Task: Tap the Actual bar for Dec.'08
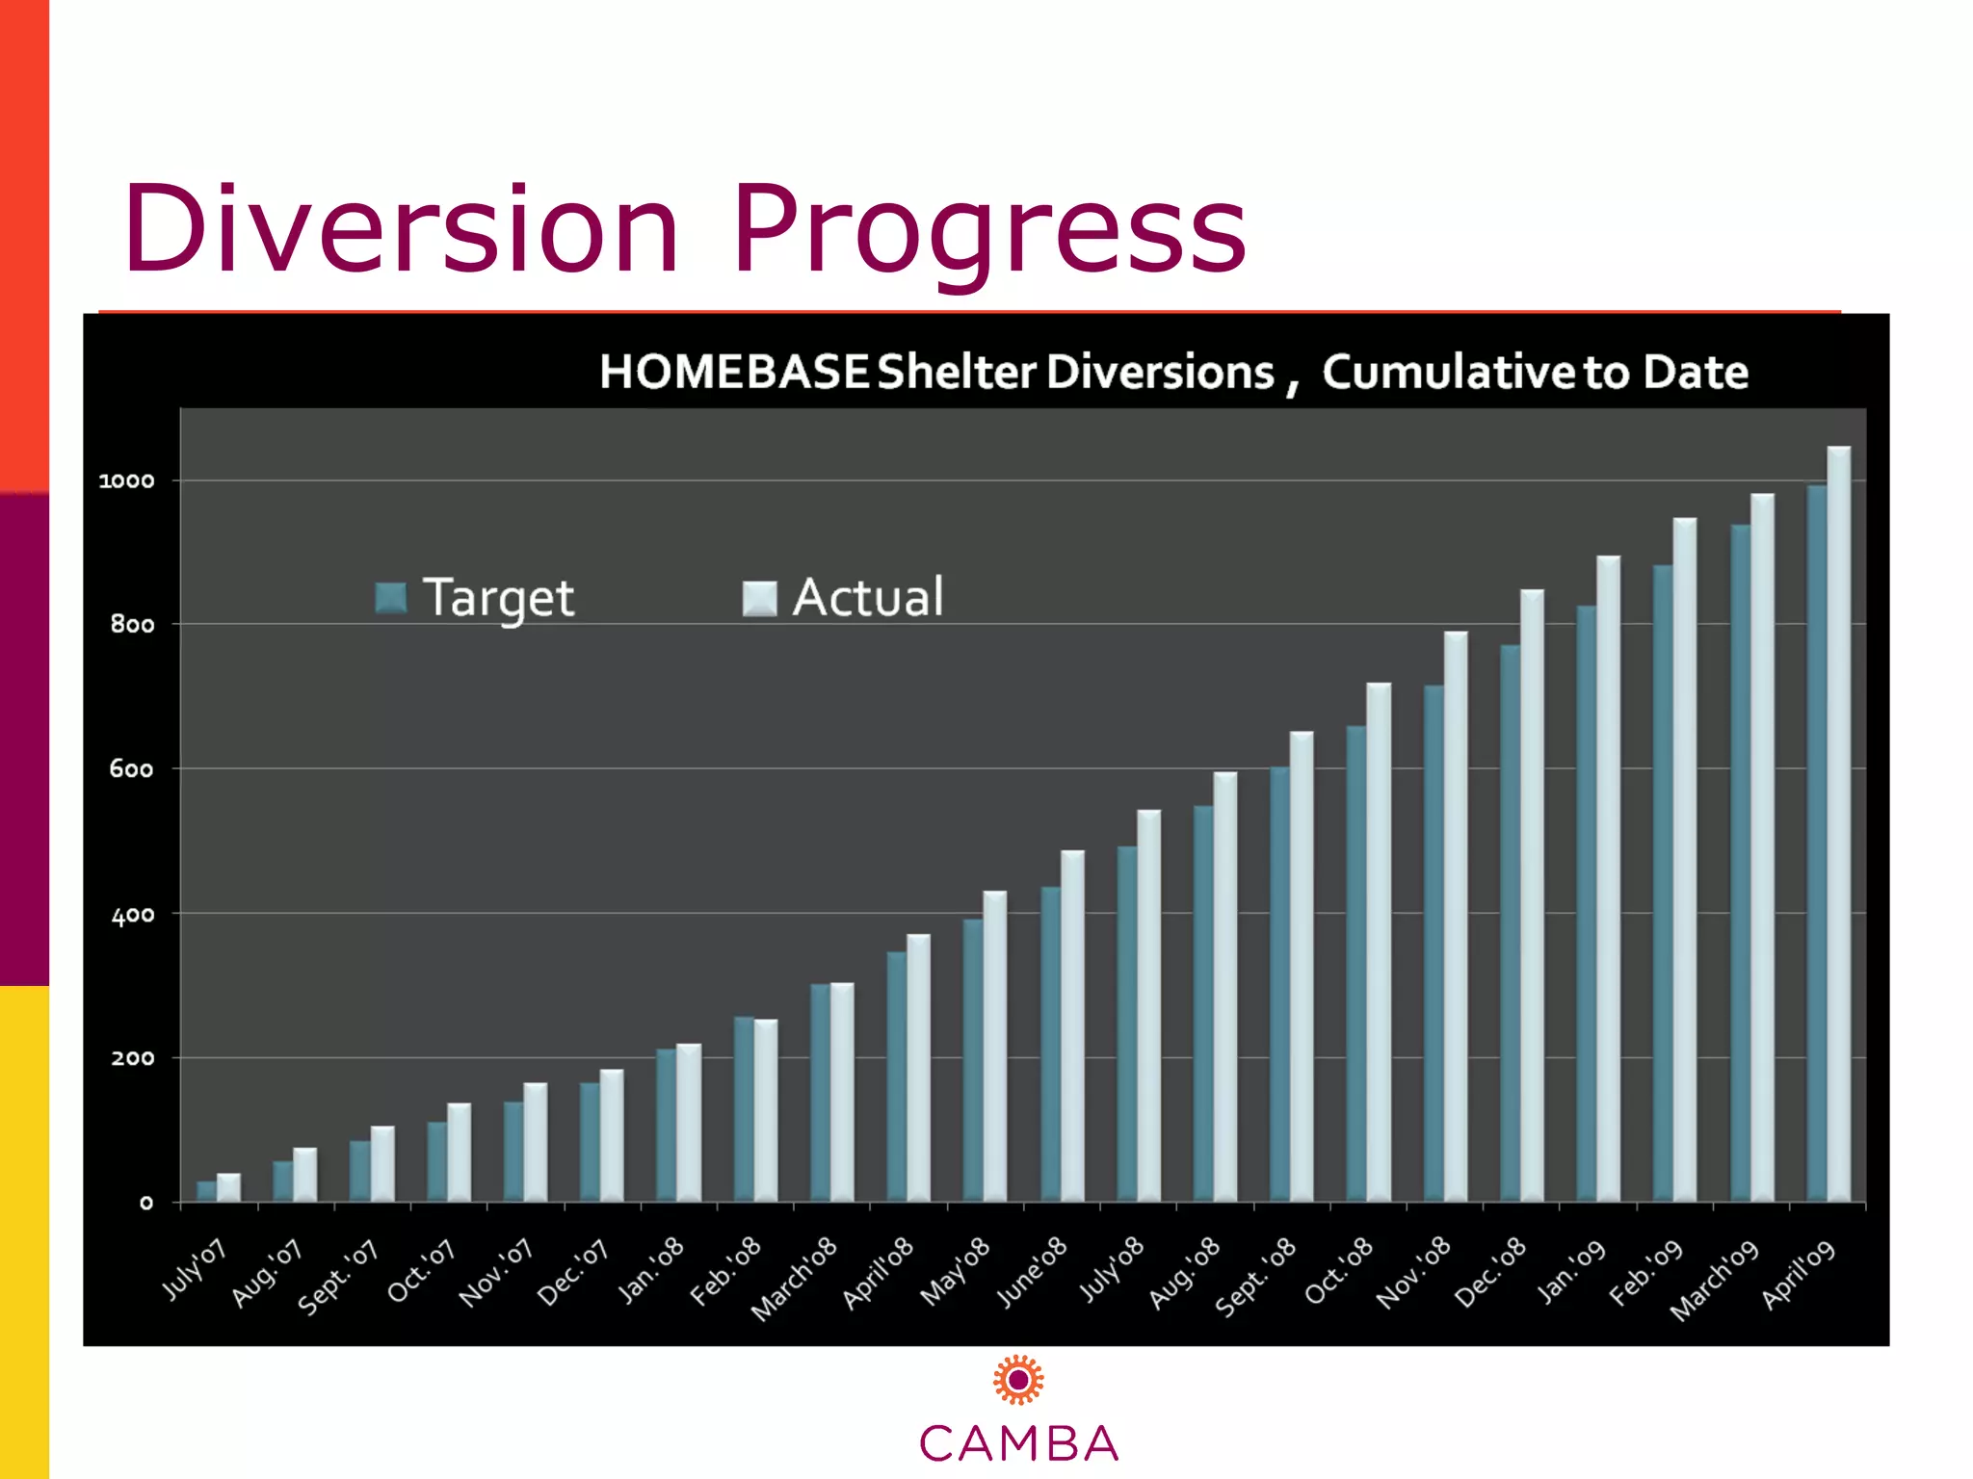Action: (x=1532, y=895)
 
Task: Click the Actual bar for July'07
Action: (x=228, y=1187)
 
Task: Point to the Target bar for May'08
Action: (x=973, y=1060)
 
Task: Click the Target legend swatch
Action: (x=391, y=598)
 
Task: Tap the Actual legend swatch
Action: (x=759, y=598)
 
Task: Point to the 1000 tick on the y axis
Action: (x=126, y=480)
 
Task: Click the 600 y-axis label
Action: (x=131, y=768)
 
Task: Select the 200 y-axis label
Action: (x=132, y=1058)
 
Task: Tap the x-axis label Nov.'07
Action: (x=495, y=1273)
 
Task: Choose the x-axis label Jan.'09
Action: (x=1570, y=1271)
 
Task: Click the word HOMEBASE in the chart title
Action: (x=734, y=372)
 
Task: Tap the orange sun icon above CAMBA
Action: (x=1018, y=1380)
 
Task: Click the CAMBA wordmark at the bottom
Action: (x=1018, y=1443)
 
